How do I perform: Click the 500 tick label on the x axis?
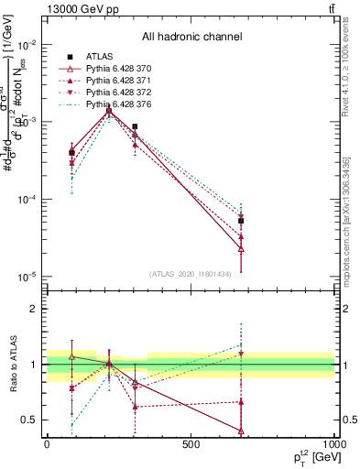click(x=191, y=444)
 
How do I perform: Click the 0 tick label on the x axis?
click(x=47, y=444)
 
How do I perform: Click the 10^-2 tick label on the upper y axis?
click(x=26, y=45)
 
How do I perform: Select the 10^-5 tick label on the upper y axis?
click(x=26, y=277)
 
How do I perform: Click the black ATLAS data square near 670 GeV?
click(x=241, y=221)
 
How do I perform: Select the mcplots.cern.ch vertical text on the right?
click(x=351, y=211)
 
